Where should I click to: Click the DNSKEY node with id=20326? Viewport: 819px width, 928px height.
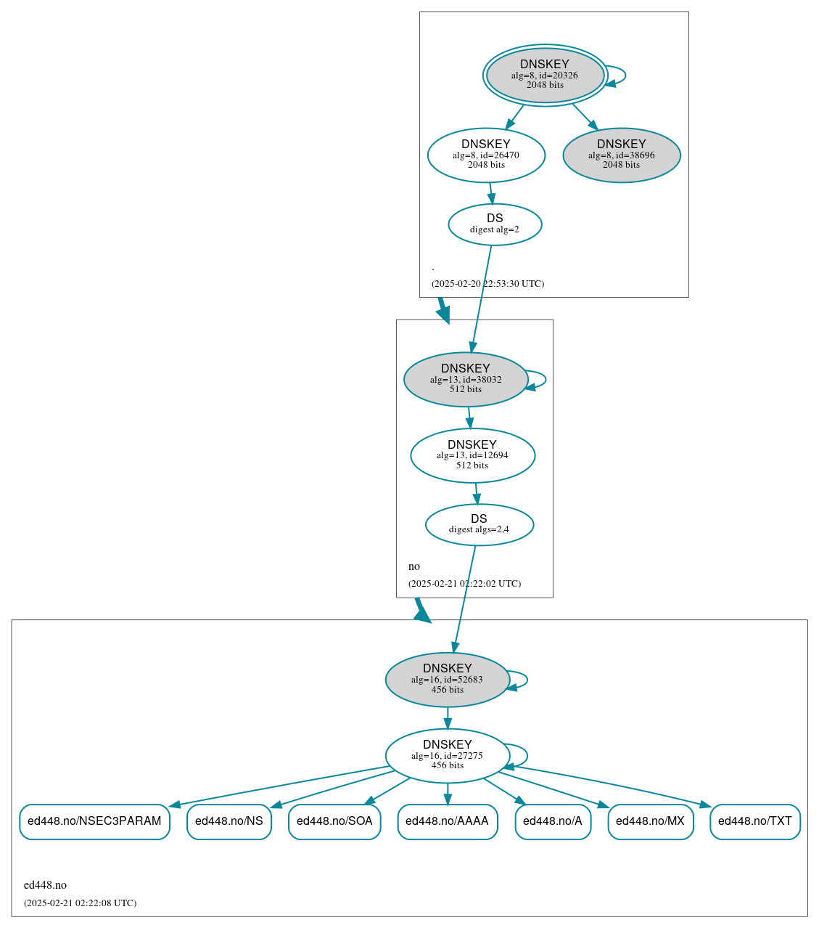(x=545, y=75)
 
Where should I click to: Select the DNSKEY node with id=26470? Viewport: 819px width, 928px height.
(x=486, y=155)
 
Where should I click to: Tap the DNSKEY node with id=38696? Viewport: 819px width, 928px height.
(x=621, y=155)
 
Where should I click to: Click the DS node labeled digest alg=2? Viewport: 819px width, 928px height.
(x=495, y=224)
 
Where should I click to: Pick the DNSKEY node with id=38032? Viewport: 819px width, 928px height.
(x=465, y=379)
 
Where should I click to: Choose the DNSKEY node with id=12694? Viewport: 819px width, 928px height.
(x=472, y=455)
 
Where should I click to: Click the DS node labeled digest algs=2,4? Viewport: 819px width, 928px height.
(x=479, y=524)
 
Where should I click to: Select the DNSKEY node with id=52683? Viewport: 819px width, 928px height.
(x=447, y=680)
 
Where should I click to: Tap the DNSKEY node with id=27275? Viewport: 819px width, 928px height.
(x=447, y=755)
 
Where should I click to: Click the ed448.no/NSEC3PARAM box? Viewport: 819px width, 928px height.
(x=94, y=821)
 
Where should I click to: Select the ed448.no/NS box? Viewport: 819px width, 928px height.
(x=229, y=821)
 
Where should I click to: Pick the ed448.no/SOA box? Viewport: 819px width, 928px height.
(x=334, y=821)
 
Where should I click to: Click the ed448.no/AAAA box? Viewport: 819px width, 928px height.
(x=447, y=821)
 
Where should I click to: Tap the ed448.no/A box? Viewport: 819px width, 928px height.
(x=553, y=821)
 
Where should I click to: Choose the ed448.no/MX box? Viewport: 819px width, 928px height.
(x=650, y=821)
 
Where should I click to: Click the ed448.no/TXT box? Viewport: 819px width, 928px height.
(x=754, y=821)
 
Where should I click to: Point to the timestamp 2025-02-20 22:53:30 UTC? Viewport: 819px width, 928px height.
(x=487, y=284)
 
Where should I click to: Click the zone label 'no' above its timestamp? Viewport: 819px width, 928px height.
(x=414, y=566)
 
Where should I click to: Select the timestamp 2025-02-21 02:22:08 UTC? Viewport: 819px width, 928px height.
(x=80, y=903)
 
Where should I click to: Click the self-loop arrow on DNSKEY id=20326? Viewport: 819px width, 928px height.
(x=625, y=75)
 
